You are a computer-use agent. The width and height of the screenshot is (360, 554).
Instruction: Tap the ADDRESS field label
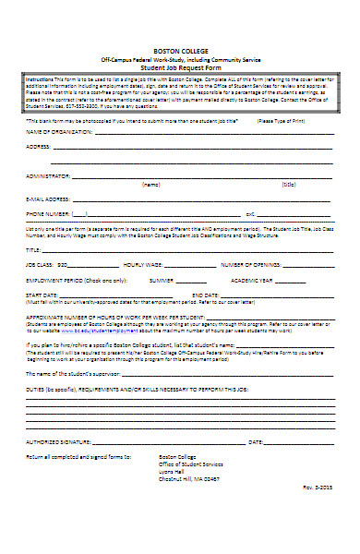point(39,147)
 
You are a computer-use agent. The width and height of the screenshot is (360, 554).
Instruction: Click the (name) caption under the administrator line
point(150,184)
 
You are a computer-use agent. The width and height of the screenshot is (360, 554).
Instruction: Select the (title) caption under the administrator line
point(289,184)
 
